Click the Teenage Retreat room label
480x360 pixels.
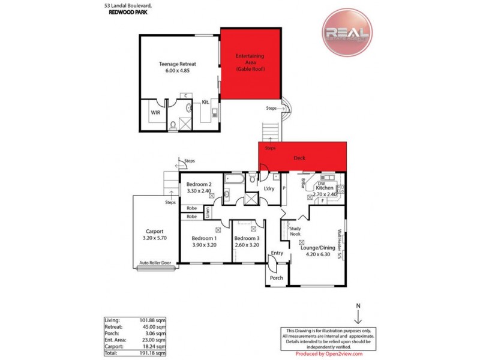click(x=178, y=64)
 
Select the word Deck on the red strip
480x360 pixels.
click(x=299, y=159)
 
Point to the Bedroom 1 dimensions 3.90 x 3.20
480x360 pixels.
click(x=203, y=245)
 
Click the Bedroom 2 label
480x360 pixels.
click(x=199, y=184)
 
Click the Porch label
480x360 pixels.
click(x=277, y=278)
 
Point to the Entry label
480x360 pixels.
click(x=277, y=253)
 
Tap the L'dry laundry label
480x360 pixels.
click(x=269, y=189)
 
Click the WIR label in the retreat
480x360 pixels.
click(x=155, y=112)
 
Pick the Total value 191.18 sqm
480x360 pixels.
click(x=154, y=353)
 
